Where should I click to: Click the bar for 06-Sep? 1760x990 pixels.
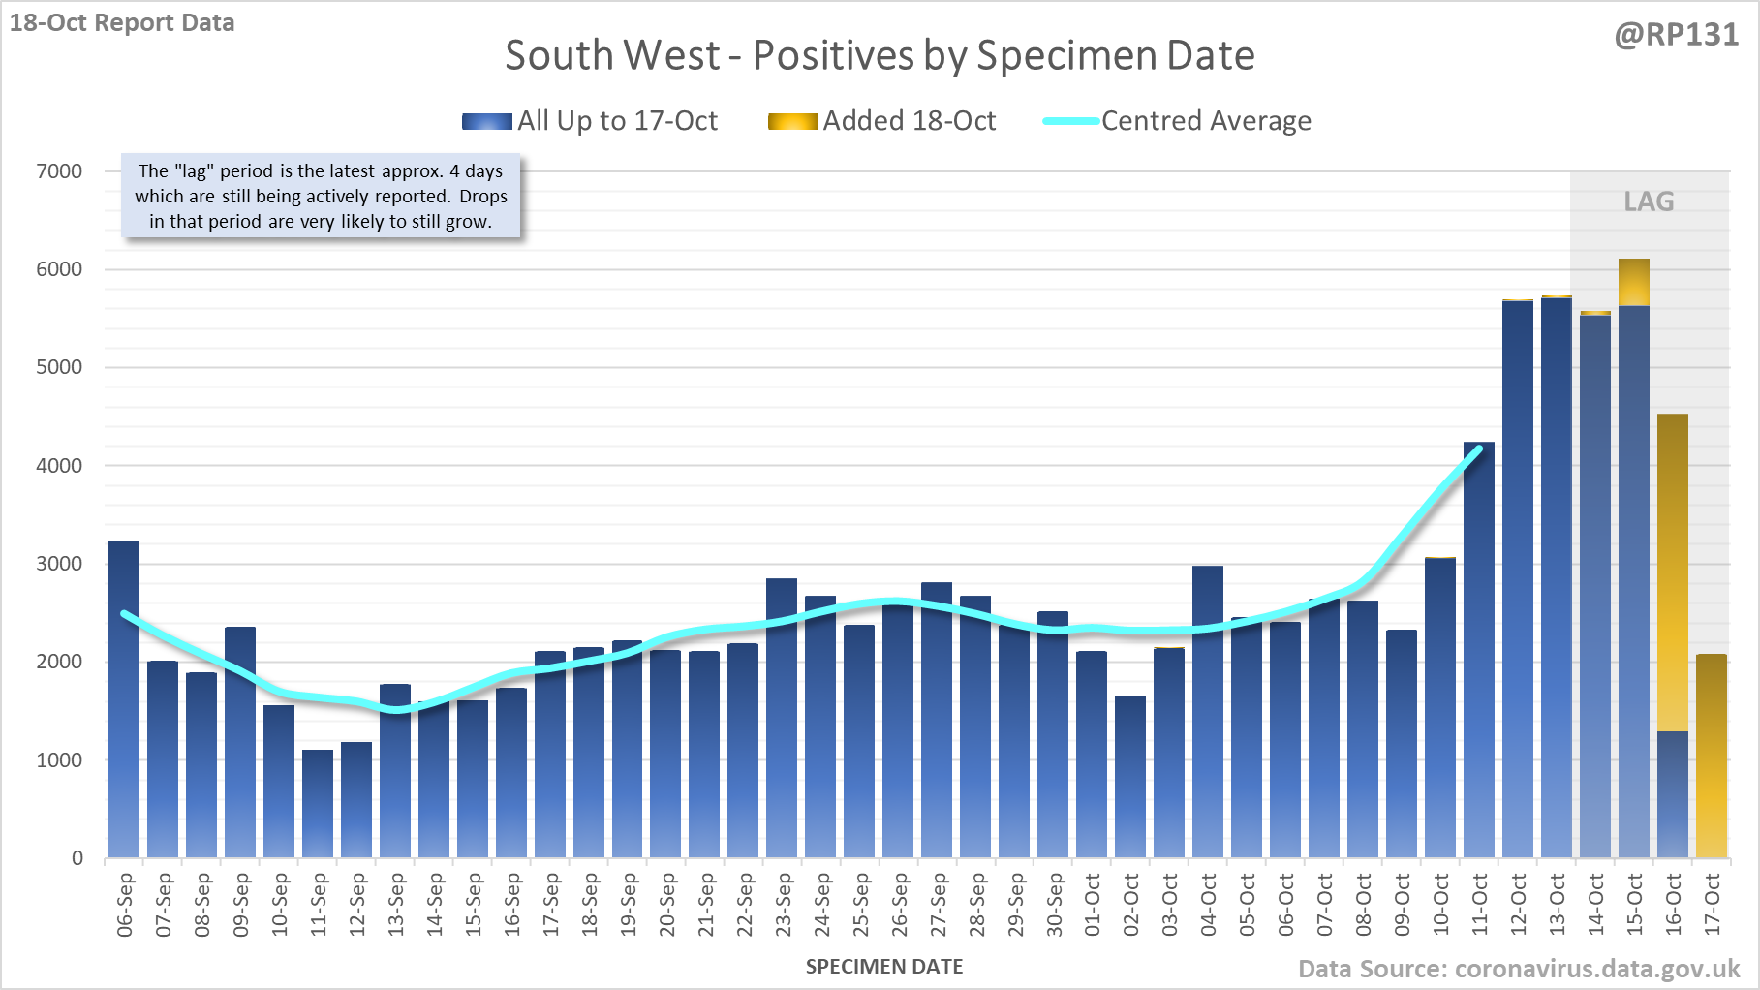pyautogui.click(x=124, y=697)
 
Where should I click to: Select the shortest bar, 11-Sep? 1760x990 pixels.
pyautogui.click(x=318, y=804)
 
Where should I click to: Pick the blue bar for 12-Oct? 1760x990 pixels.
pyautogui.click(x=1518, y=581)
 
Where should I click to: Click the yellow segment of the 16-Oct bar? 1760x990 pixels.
pyautogui.click(x=1673, y=572)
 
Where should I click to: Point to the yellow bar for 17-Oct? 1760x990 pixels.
pyautogui.click(x=1712, y=756)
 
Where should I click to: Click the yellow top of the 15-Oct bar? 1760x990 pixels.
pyautogui.click(x=1634, y=282)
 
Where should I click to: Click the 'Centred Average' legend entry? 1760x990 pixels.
pyautogui.click(x=1177, y=121)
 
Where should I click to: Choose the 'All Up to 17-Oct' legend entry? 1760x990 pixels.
pyautogui.click(x=590, y=121)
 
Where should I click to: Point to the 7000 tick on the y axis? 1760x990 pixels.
pyautogui.click(x=59, y=171)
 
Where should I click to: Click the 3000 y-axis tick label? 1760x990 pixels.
pyautogui.click(x=59, y=564)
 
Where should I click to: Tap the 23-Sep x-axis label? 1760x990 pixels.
pyautogui.click(x=783, y=905)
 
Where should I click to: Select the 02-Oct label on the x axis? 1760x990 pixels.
pyautogui.click(x=1130, y=905)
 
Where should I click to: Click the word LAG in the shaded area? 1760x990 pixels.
pyautogui.click(x=1649, y=201)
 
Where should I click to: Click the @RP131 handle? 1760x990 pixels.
pyautogui.click(x=1676, y=35)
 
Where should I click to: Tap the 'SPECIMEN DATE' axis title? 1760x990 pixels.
pyautogui.click(x=884, y=967)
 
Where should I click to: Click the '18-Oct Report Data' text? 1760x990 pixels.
pyautogui.click(x=122, y=23)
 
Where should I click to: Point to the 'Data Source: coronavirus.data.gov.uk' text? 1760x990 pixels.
pyautogui.click(x=1519, y=969)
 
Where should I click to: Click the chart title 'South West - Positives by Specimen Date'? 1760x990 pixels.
pyautogui.click(x=880, y=55)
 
